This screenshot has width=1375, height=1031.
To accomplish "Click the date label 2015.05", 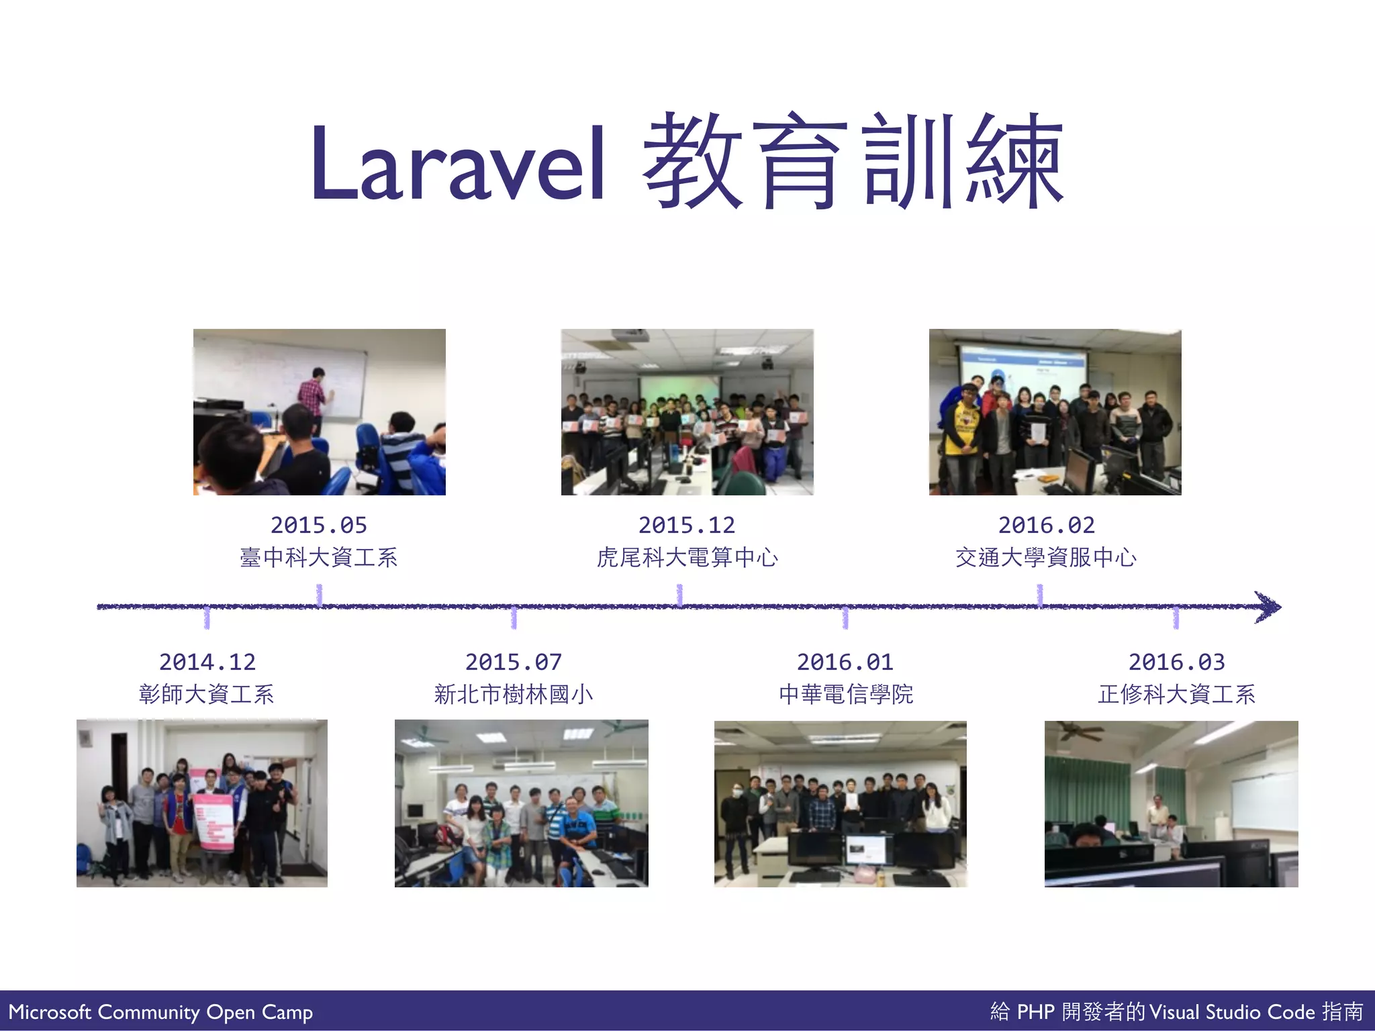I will point(319,525).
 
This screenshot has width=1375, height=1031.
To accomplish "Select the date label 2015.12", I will point(687,525).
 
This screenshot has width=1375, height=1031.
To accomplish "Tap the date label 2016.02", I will point(1046,525).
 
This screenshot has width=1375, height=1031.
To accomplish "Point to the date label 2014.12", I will point(207,662).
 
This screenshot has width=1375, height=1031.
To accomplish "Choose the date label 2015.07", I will point(514,662).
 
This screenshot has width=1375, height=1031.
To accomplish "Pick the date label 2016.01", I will point(845,662).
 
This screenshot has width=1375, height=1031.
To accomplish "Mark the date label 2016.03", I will point(1176,662).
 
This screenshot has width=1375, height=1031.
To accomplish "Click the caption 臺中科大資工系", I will point(319,558).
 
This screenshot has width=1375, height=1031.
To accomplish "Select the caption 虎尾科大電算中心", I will point(687,558).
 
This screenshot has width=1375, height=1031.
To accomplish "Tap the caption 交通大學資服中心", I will point(1046,558).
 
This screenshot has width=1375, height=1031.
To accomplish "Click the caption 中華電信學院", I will point(846,694).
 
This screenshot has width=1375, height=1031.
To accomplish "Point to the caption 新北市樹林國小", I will point(514,694).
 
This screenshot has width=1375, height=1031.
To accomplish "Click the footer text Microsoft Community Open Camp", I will point(160,1012).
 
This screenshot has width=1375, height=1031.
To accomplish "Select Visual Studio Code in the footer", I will point(1232,1012).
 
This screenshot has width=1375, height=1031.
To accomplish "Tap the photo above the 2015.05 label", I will point(319,412).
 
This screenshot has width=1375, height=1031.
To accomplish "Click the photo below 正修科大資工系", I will point(1171,803).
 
